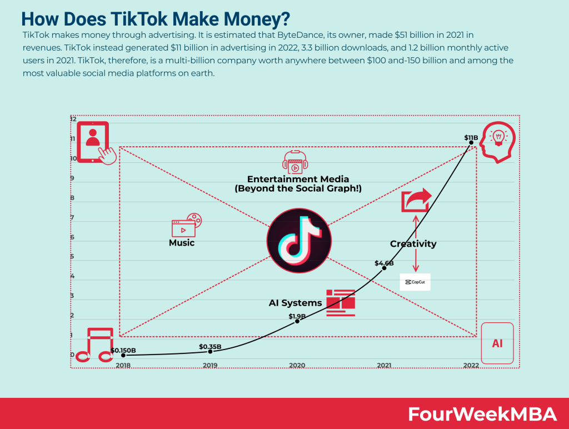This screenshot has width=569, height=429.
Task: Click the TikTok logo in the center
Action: (x=298, y=245)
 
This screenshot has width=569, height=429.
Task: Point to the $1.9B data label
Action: (x=297, y=316)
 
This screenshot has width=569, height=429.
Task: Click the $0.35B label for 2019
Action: (x=210, y=347)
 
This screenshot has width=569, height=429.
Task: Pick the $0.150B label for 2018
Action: (x=123, y=350)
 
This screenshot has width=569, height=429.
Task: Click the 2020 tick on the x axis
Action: (x=297, y=365)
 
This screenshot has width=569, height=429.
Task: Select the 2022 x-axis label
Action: (x=471, y=365)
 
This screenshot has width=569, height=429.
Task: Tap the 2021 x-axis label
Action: (x=384, y=365)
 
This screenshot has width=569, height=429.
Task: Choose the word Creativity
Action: (x=413, y=243)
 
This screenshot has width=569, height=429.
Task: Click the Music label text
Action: (x=182, y=243)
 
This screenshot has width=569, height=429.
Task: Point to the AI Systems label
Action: (x=295, y=303)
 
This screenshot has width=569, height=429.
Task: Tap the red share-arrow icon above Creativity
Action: (x=416, y=200)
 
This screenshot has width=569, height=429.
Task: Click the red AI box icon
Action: (x=497, y=343)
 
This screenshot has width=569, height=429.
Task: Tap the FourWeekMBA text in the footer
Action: (x=482, y=414)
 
